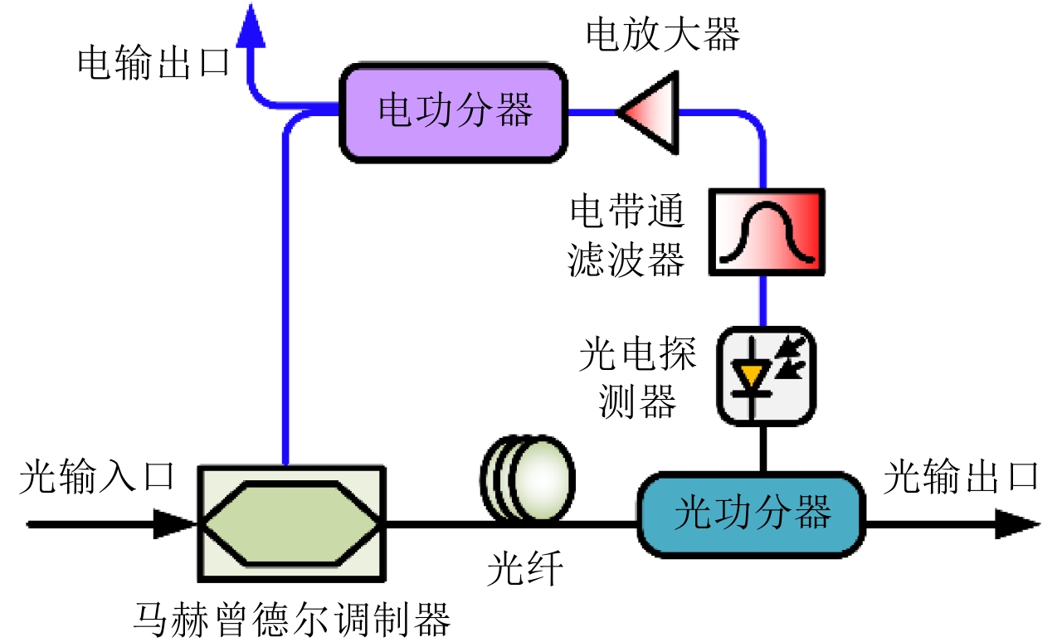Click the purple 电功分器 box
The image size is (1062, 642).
coord(455,113)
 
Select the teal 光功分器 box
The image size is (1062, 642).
coord(751,514)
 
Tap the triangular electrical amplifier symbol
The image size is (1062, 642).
coord(650,113)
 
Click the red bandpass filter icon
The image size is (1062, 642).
coord(767,232)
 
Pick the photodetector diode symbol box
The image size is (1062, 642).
coord(765,376)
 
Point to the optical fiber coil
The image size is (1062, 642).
coord(528,479)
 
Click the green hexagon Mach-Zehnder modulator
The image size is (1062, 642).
coord(290,523)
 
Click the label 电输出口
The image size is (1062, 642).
coord(153,63)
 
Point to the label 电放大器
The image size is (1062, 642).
coord(662,35)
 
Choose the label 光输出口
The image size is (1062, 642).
coord(961,479)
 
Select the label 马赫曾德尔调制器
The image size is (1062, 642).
coord(292,618)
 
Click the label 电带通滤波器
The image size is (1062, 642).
coord(626,236)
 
